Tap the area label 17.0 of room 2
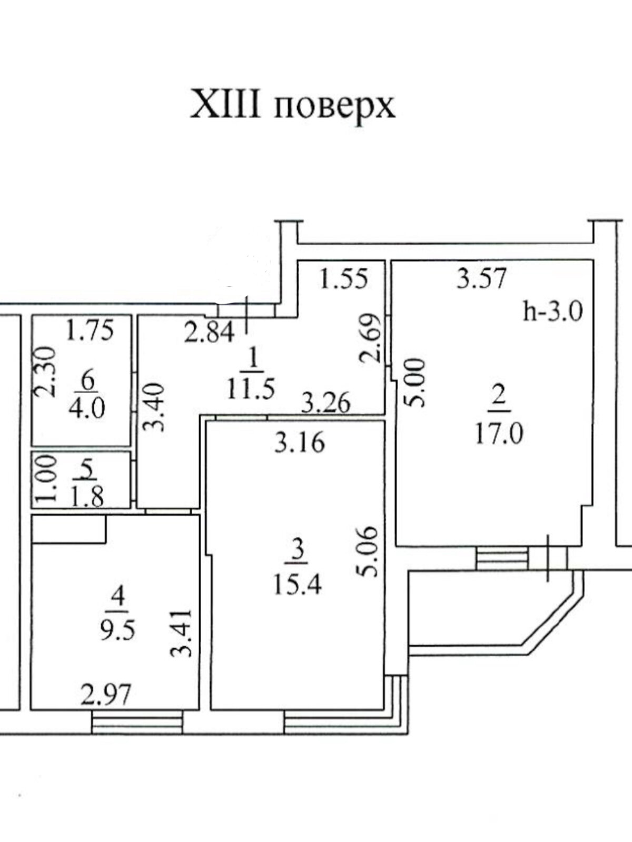click(x=499, y=435)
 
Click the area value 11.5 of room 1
click(x=251, y=390)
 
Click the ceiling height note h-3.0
click(x=554, y=312)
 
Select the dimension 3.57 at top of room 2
click(x=482, y=278)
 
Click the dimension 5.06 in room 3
click(x=369, y=552)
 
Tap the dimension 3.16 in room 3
click(x=300, y=443)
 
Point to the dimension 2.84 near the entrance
click(x=209, y=333)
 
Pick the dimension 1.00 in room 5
click(x=46, y=478)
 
